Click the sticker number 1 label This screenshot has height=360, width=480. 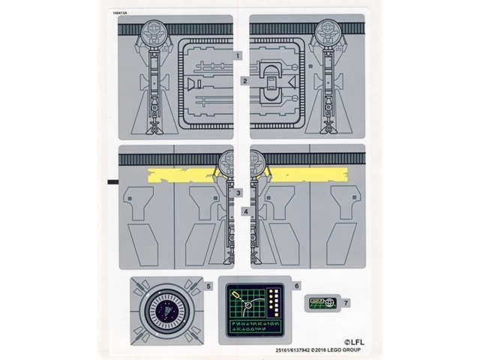point(238,56)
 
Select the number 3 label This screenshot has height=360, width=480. point(238,193)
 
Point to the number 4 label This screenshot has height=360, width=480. point(244,212)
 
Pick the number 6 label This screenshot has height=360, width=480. point(297,286)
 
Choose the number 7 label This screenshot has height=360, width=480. point(346,302)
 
